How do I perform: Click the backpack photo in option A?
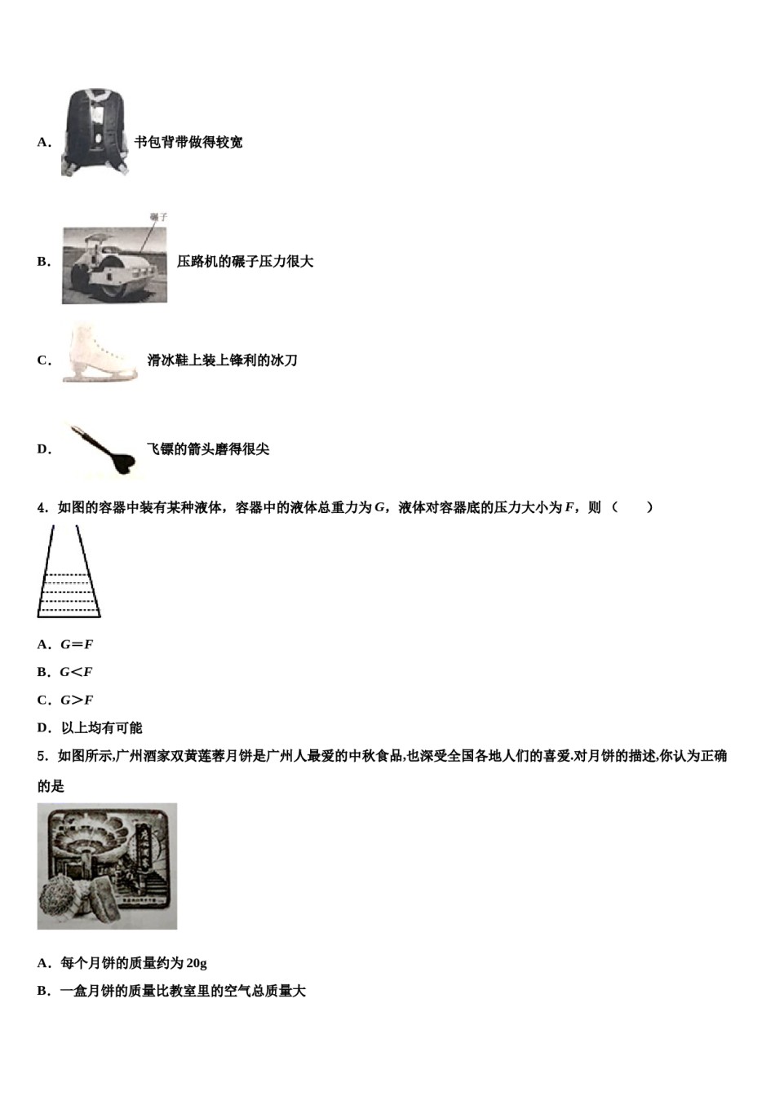95,132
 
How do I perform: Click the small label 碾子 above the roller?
158,218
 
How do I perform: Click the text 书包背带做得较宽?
188,143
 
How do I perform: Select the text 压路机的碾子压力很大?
245,262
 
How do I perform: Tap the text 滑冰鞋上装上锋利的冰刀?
222,360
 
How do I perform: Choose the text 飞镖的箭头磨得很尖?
208,449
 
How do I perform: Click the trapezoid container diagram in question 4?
69,572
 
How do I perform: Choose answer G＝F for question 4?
77,645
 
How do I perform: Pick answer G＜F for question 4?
76,673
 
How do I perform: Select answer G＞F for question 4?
77,700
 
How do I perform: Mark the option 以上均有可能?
102,728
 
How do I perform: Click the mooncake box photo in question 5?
107,866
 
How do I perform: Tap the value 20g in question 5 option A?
196,964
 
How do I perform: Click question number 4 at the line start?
42,508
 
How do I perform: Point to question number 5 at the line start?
42,757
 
